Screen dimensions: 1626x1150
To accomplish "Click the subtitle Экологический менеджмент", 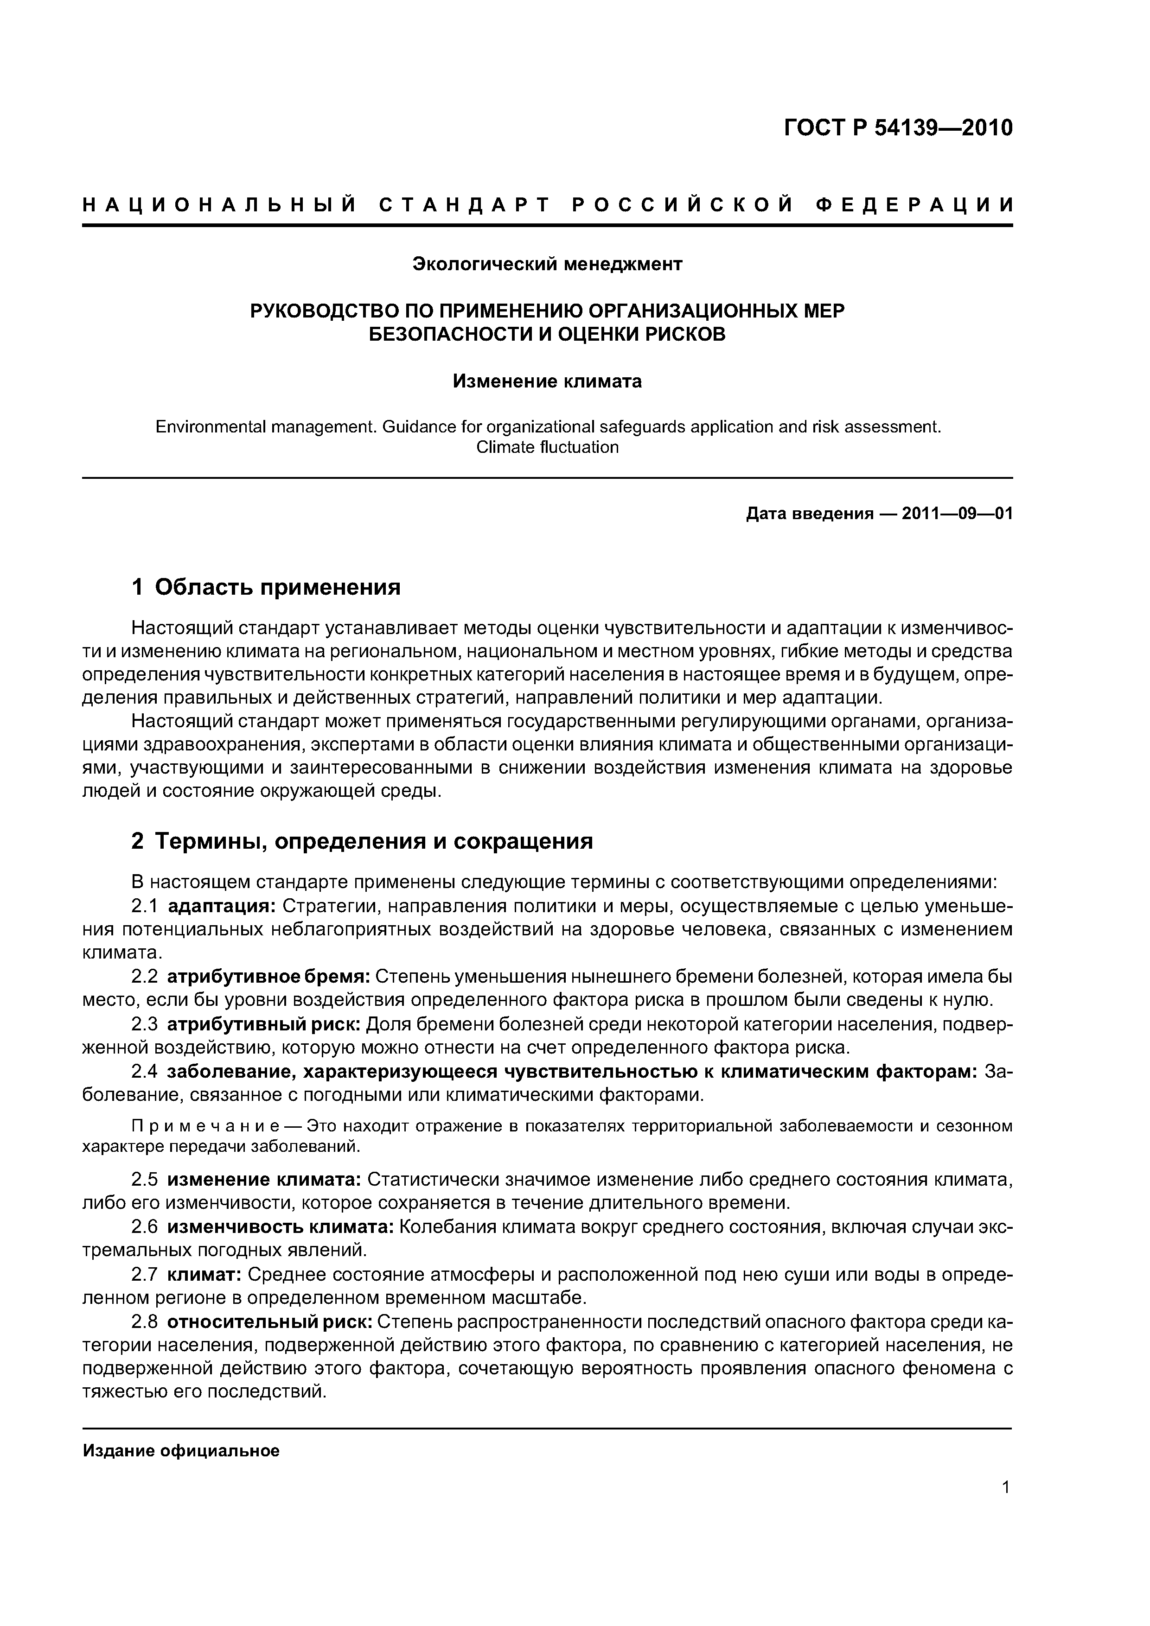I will [547, 264].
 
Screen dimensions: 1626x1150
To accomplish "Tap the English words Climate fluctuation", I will [547, 447].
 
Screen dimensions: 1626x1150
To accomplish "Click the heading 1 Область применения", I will [267, 587].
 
